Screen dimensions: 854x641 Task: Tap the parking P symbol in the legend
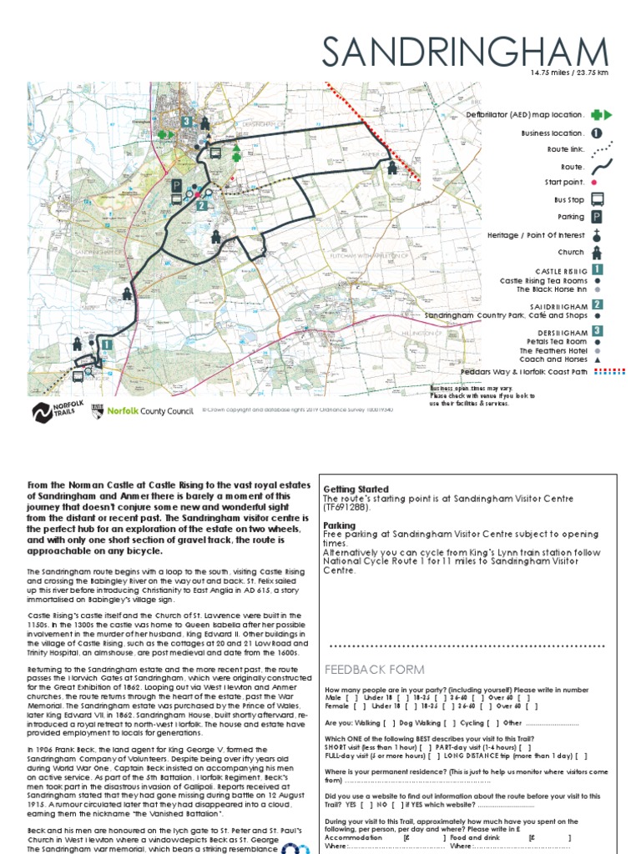tap(598, 217)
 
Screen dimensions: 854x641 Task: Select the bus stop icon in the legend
tap(598, 199)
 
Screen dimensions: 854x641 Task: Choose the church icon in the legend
tap(598, 252)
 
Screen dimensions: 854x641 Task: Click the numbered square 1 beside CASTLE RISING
tap(598, 270)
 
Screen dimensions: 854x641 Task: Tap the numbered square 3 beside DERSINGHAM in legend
tap(598, 329)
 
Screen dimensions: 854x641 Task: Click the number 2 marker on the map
tap(201, 204)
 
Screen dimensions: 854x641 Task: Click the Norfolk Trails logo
tap(53, 411)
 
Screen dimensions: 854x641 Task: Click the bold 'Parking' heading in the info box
tap(340, 526)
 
